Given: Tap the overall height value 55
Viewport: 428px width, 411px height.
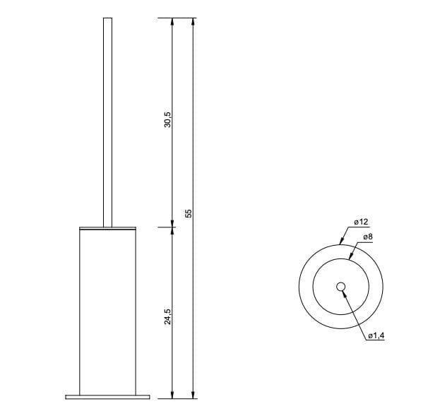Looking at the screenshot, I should (x=189, y=213).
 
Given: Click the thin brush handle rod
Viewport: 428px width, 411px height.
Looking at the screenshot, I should (x=108, y=120).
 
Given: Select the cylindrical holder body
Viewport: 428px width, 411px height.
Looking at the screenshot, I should (x=108, y=311).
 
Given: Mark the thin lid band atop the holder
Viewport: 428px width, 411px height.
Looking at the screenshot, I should (x=108, y=229).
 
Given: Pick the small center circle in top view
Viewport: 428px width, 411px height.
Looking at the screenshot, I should (x=340, y=287).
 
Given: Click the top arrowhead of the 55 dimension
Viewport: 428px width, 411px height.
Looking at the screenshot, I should (x=194, y=22).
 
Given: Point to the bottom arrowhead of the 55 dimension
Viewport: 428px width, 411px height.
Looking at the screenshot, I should (x=194, y=395).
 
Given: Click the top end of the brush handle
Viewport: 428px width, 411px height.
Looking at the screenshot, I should (x=108, y=20).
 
